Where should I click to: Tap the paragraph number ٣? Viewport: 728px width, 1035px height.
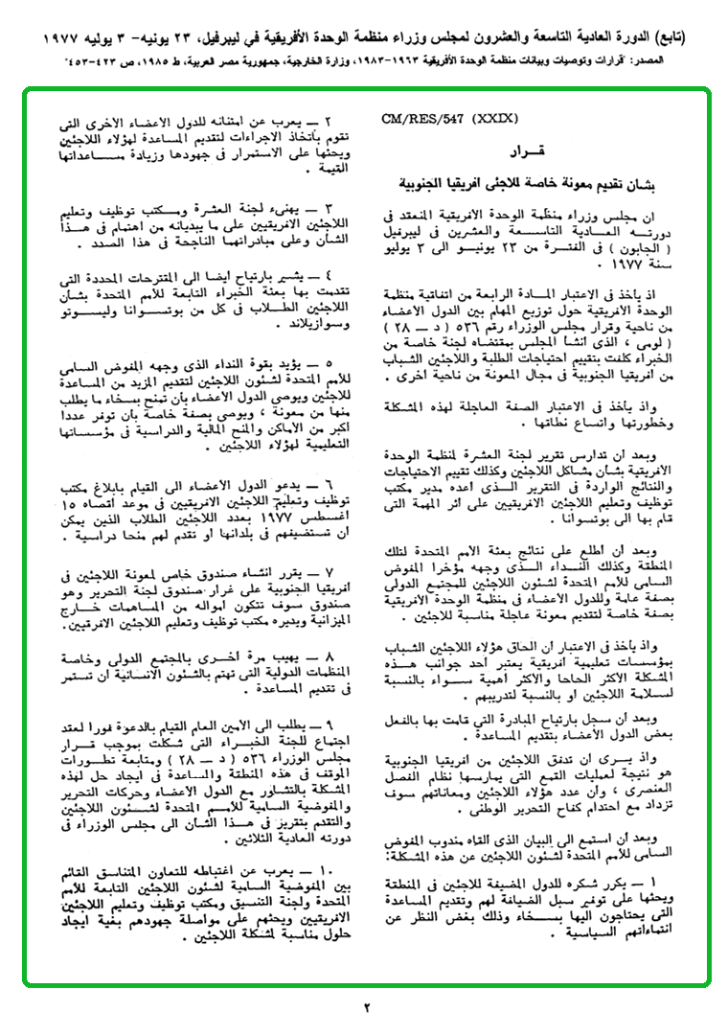point(326,206)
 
